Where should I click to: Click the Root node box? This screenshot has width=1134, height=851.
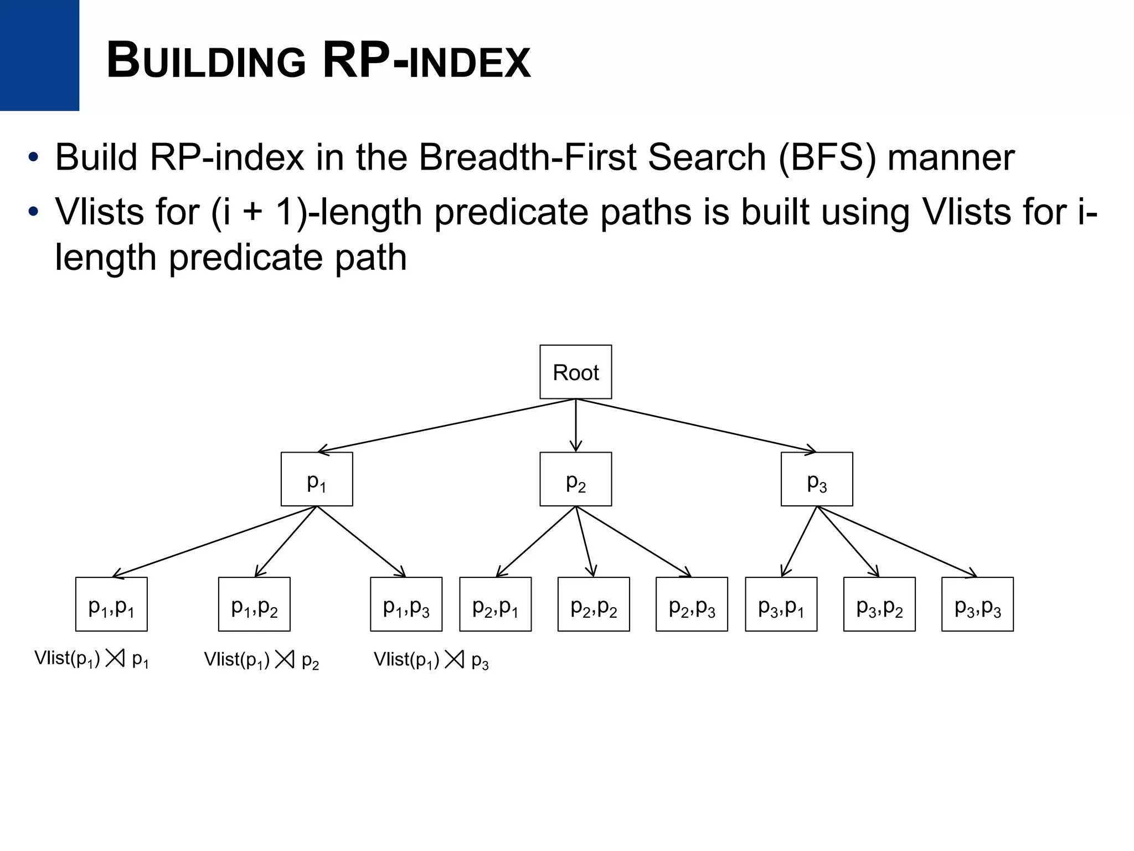[x=575, y=372]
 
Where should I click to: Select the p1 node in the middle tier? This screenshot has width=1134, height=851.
[x=316, y=479]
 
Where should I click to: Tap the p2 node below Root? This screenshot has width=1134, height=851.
[x=575, y=479]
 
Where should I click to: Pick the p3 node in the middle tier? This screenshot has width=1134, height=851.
[x=816, y=479]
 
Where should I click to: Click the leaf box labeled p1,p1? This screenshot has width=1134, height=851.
[x=111, y=604]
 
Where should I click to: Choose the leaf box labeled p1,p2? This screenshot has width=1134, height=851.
[x=254, y=604]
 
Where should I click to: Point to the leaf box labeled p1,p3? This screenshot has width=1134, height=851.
[x=406, y=604]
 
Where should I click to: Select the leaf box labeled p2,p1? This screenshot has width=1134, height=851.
[x=495, y=604]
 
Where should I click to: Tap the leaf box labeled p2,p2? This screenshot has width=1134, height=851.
[x=593, y=604]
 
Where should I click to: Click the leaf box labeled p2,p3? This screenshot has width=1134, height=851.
[x=692, y=604]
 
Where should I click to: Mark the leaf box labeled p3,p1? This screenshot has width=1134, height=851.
[x=781, y=604]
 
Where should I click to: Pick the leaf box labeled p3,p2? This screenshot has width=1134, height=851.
[x=879, y=604]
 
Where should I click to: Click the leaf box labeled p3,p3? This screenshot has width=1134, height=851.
[x=977, y=604]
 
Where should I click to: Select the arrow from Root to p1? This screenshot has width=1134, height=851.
[x=446, y=425]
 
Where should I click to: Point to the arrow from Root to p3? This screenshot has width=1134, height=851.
[x=696, y=425]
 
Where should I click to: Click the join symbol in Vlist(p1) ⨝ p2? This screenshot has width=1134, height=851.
[x=285, y=659]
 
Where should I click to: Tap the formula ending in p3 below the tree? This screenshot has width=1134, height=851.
[x=431, y=660]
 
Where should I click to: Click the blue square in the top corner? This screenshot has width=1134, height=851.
[x=39, y=55]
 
